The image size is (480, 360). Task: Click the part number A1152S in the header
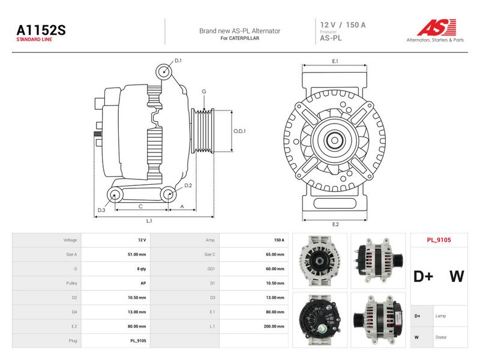pyautogui.click(x=41, y=30)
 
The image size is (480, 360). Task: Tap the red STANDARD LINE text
pyautogui.click(x=34, y=40)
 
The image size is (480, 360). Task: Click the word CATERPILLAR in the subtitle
pyautogui.click(x=244, y=38)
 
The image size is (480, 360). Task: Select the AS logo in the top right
pyautogui.click(x=437, y=27)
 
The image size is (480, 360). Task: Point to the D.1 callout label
pyautogui.click(x=178, y=61)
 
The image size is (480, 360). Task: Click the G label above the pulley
pyautogui.click(x=204, y=91)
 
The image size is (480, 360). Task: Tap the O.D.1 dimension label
pyautogui.click(x=239, y=131)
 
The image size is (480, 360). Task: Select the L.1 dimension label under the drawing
pyautogui.click(x=149, y=221)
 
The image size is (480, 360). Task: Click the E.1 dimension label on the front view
pyautogui.click(x=335, y=61)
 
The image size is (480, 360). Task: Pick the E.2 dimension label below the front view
pyautogui.click(x=335, y=224)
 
